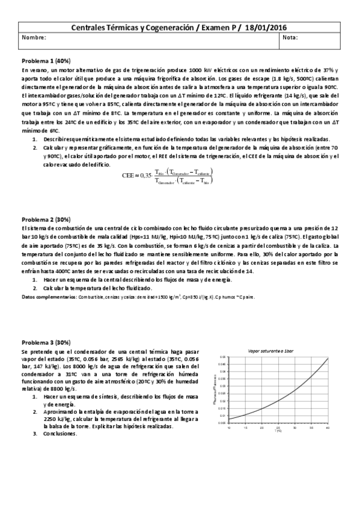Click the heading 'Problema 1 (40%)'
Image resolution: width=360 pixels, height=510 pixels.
coord(46,61)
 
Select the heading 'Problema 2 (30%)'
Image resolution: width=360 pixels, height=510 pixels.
coord(46,220)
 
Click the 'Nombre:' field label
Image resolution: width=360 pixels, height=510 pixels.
coord(34,38)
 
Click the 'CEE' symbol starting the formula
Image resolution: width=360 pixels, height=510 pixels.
coord(129,176)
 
